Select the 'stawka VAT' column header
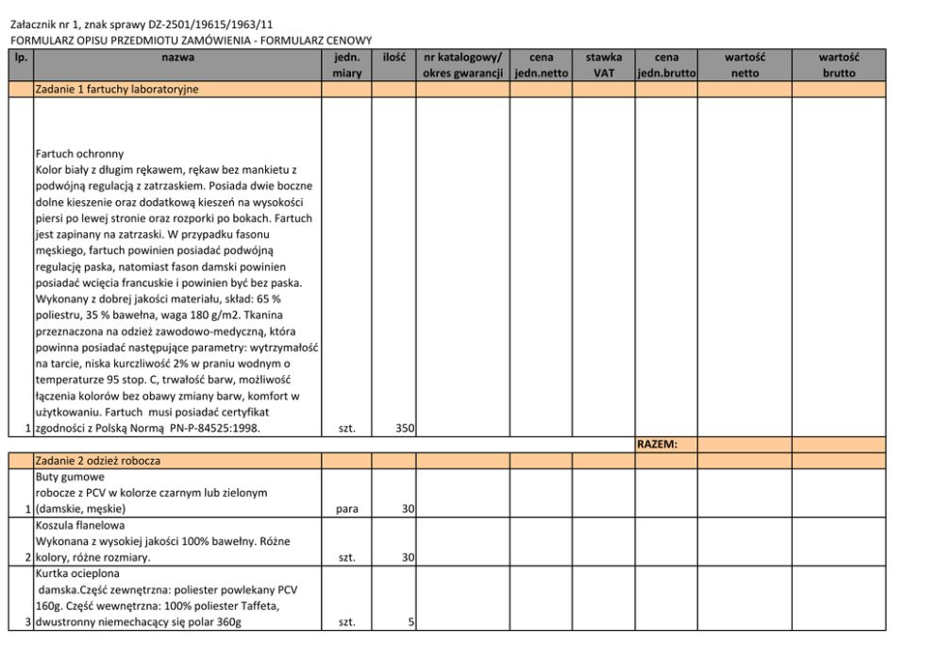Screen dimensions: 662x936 [604, 65]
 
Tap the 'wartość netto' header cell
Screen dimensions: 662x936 [744, 65]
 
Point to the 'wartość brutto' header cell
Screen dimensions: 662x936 [838, 65]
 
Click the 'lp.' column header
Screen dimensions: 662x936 [21, 58]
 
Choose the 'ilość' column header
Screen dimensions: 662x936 [393, 58]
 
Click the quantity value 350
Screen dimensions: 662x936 [405, 429]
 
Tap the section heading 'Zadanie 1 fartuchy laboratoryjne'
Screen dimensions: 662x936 [116, 90]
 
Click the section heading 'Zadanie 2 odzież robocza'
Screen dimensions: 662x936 [97, 461]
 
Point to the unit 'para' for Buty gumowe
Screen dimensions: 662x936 [346, 509]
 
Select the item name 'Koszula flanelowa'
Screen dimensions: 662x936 [79, 525]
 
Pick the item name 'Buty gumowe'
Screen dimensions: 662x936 [68, 477]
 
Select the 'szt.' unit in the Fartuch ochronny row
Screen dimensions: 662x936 [346, 429]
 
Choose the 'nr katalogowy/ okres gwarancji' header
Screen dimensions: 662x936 [462, 65]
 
